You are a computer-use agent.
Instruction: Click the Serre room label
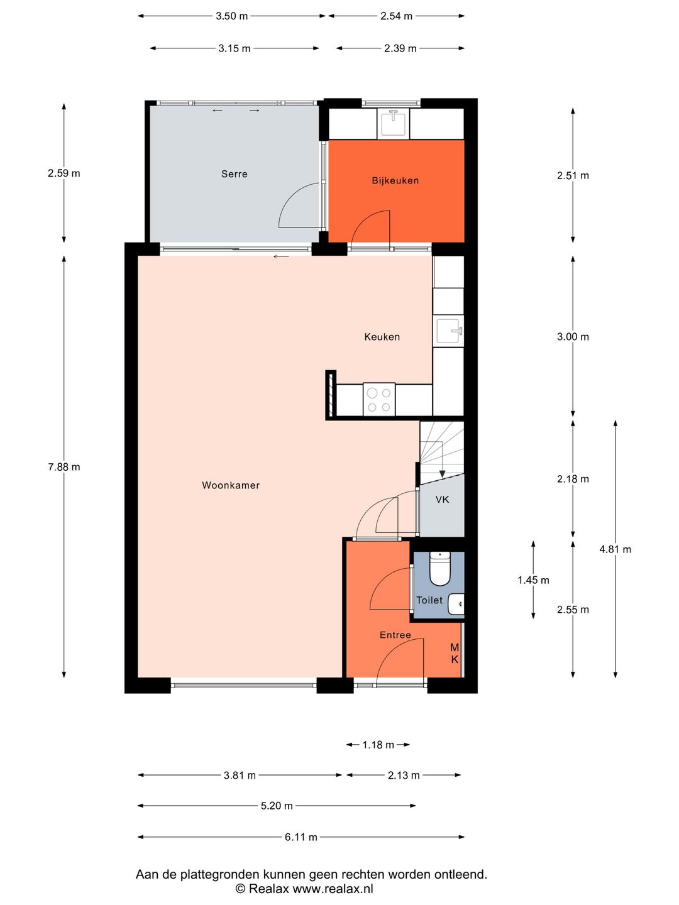coord(234,174)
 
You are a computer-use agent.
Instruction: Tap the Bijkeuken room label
coord(395,180)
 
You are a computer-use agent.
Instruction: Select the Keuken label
coord(382,337)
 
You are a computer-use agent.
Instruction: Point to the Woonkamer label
coord(231,485)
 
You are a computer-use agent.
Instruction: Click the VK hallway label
coord(443,500)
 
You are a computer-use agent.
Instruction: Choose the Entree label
coord(395,635)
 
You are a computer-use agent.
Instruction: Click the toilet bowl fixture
coord(440,569)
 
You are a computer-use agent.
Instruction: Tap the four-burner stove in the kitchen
coord(379,399)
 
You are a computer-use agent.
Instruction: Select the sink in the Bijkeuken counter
coord(394,123)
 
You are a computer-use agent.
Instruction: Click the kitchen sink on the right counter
coord(449,331)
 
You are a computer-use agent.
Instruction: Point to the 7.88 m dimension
coord(64,467)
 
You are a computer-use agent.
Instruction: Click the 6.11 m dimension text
coord(301,837)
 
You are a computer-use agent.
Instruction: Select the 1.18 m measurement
coord(378,745)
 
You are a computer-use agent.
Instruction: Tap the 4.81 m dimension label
coord(615,549)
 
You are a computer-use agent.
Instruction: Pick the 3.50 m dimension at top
coord(232,16)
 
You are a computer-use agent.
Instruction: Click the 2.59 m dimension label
coord(64,173)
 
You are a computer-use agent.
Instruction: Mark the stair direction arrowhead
coord(442,474)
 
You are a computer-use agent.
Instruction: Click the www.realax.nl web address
coord(333,889)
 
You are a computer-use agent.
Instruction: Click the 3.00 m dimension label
coord(573,337)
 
